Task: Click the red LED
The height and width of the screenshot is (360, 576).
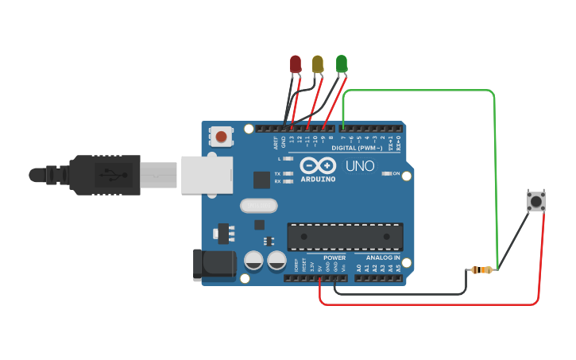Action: coord(296,64)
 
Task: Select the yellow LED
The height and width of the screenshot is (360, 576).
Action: coord(318,64)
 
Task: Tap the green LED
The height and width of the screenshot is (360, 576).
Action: coord(342,64)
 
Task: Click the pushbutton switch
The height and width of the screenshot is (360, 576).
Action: coord(536,201)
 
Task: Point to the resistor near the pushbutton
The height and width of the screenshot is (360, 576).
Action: coord(481,270)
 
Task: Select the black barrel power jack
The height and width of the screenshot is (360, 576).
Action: coord(213,265)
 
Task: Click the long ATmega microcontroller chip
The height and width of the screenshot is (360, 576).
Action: coord(345,234)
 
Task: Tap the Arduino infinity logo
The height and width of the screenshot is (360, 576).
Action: coord(318,167)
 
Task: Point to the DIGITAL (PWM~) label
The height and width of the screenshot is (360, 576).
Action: coord(356,148)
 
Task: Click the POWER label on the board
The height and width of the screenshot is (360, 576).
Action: coord(334,258)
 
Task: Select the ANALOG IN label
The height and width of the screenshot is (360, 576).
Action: coord(383,258)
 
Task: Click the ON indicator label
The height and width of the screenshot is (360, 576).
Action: coord(396,173)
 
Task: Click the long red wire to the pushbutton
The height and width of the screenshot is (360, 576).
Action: coord(429,304)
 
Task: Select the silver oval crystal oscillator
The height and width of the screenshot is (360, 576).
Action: coord(258,206)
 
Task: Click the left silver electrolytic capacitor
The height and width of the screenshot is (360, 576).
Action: coord(253,260)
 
